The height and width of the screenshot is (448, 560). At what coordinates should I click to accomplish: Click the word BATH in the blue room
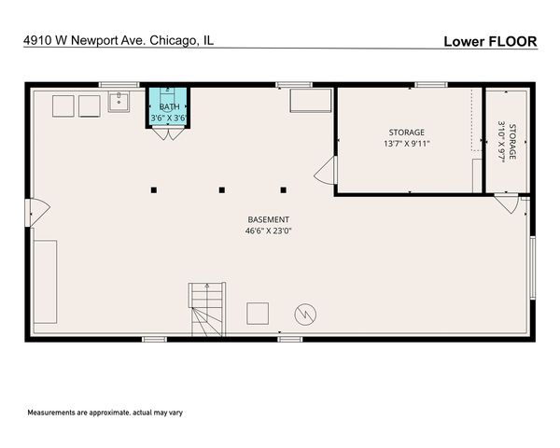point(169,107)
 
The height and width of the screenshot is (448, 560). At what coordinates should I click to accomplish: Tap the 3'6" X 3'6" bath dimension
point(169,119)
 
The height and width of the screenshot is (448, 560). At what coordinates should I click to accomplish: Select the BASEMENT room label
point(268,219)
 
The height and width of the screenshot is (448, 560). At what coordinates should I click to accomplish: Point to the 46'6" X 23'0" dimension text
point(268,231)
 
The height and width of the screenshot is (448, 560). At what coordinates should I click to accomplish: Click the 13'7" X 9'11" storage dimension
point(406,145)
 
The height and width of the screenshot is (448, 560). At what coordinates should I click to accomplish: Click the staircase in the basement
point(206,310)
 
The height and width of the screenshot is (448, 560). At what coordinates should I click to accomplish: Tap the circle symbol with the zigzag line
point(305,315)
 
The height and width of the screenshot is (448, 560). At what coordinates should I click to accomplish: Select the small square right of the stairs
point(258,313)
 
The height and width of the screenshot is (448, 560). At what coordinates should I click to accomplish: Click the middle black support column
point(221,190)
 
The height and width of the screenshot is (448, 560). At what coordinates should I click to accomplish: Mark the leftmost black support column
point(154,190)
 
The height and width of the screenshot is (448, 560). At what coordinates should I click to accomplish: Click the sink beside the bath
point(119,102)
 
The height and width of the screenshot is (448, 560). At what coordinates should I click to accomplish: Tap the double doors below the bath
point(168,133)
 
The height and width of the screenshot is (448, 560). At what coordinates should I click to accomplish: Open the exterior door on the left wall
point(38,213)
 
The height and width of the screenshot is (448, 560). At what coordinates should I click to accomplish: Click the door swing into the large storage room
point(326,171)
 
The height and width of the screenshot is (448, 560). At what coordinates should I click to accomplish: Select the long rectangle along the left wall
point(46,282)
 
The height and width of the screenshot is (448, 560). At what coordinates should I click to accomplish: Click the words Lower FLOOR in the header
point(490,41)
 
